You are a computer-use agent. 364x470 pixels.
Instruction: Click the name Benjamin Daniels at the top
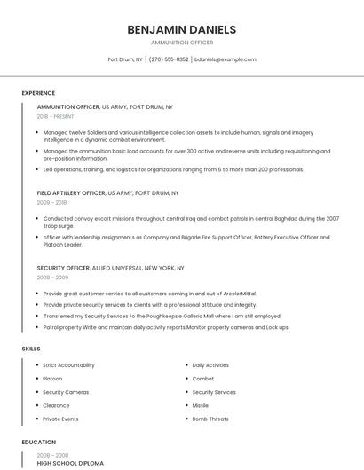click(x=181, y=29)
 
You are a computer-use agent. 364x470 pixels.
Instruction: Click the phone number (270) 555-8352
click(x=169, y=59)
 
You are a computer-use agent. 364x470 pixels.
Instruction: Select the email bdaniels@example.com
click(x=226, y=59)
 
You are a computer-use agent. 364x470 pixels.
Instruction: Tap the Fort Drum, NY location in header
click(x=125, y=59)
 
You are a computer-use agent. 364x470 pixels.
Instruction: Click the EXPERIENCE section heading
click(x=38, y=92)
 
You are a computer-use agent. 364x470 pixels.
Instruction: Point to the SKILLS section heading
click(x=31, y=349)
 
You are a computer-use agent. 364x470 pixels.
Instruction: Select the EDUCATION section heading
click(x=38, y=442)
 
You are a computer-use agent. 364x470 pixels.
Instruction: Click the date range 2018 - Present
click(x=55, y=116)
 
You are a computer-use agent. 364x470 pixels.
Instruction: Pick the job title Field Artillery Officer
click(x=71, y=192)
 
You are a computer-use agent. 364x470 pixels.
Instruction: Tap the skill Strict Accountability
click(x=68, y=365)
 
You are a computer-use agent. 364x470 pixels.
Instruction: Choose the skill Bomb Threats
click(x=210, y=419)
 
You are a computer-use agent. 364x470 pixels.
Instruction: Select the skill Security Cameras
click(x=66, y=392)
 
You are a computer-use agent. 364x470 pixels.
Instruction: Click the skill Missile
click(x=202, y=405)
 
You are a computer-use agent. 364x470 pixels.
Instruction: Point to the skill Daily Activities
click(x=210, y=365)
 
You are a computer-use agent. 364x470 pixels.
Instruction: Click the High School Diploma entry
click(x=70, y=463)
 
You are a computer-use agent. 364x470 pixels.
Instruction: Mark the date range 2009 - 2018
click(x=51, y=202)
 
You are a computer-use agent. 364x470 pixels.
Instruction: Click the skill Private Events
click(x=60, y=419)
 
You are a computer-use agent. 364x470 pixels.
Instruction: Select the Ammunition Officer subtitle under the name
click(x=181, y=43)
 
